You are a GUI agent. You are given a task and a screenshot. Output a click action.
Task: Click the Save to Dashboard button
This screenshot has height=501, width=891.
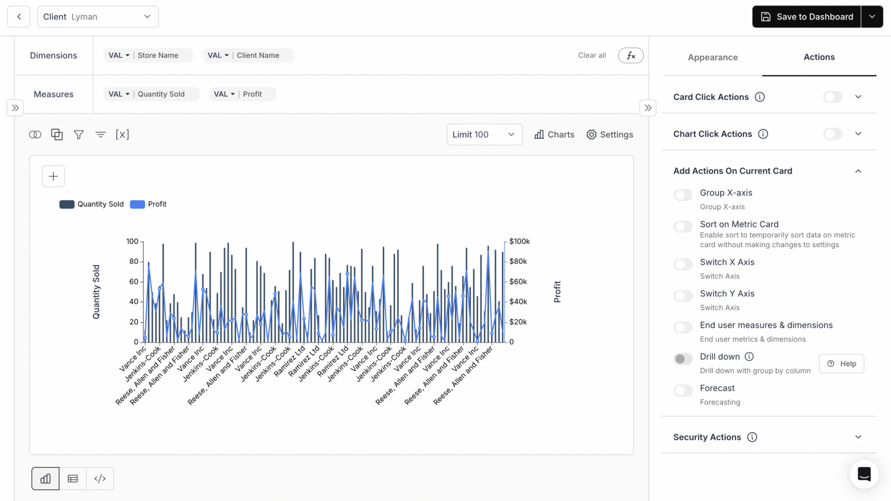[x=806, y=17]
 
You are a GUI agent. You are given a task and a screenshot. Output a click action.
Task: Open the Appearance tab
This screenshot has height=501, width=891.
[x=712, y=57]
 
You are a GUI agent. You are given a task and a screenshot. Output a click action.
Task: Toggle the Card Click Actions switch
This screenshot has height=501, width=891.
[x=833, y=97]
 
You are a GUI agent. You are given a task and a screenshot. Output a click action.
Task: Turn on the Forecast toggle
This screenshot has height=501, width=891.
[x=683, y=390]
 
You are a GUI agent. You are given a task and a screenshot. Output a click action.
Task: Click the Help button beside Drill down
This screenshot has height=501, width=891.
[x=841, y=363]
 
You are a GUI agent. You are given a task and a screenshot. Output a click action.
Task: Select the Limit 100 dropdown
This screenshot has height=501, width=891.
[x=484, y=135]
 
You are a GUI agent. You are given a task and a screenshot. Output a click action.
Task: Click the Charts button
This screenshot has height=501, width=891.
[x=554, y=135]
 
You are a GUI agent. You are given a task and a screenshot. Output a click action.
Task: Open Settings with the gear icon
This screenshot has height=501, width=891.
[x=610, y=135]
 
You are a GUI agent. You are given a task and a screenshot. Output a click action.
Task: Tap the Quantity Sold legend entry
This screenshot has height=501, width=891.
[x=92, y=204]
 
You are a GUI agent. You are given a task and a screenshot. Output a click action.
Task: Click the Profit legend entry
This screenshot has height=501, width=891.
[x=148, y=204]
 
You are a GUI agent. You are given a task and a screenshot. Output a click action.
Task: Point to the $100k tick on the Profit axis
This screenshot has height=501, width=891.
[x=519, y=241]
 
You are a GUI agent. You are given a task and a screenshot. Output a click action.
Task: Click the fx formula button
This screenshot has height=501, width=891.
[x=631, y=56]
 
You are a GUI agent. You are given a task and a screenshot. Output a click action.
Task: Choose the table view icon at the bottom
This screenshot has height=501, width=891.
[x=73, y=479]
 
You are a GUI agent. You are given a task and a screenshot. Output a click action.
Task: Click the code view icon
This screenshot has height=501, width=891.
[x=100, y=479]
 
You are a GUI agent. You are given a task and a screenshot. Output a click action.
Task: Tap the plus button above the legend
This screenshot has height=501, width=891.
[x=53, y=176]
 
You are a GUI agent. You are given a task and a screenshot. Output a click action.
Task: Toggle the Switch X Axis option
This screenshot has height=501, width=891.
[x=683, y=264]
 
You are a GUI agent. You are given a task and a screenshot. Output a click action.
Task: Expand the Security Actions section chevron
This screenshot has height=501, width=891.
[x=858, y=437]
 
